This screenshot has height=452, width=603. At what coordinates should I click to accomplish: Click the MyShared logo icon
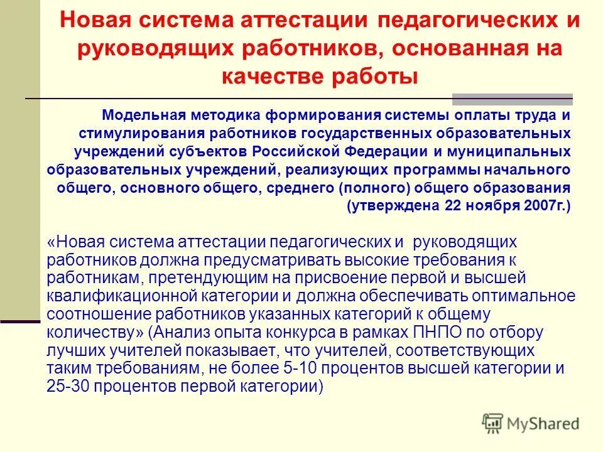click(x=492, y=422)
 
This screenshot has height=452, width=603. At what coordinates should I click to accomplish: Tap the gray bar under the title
click(x=513, y=99)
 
